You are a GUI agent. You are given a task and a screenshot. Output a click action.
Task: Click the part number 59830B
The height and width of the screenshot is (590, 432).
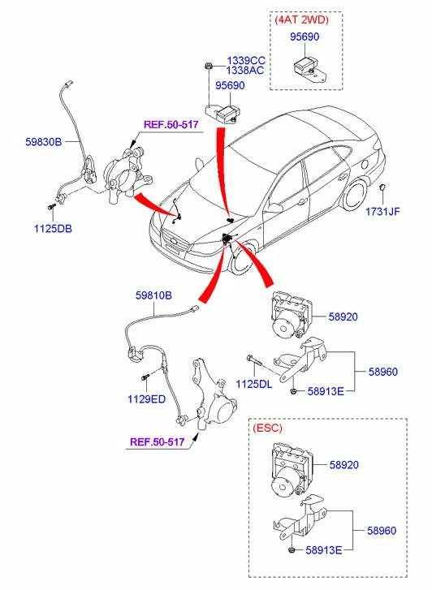pos(43,142)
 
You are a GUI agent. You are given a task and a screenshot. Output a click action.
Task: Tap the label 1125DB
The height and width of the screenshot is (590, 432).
pos(53,228)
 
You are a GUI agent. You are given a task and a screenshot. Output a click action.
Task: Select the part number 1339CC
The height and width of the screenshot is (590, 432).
pos(246,61)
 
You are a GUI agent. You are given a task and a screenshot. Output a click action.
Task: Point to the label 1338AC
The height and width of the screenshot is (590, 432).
pos(245,70)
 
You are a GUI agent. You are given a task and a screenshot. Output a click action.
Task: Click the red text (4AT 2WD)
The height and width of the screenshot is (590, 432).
pos(302,19)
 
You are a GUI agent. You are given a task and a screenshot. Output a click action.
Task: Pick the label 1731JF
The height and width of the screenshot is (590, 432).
pos(382,212)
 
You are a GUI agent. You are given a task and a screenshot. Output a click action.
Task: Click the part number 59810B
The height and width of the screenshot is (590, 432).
pos(153,295)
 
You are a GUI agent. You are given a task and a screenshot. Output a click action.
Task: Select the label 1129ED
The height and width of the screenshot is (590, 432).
pos(146,398)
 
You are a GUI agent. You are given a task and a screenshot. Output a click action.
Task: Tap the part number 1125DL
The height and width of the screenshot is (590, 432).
pos(254,384)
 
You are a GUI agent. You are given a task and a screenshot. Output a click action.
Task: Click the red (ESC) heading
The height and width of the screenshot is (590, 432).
pos(267,428)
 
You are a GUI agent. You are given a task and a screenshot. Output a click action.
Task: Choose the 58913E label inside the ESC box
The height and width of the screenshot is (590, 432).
pos(323,550)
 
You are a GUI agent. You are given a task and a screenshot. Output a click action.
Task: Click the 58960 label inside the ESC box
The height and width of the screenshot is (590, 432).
pos(382,531)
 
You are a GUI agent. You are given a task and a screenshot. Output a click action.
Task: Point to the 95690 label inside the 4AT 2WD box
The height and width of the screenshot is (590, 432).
pos(305,37)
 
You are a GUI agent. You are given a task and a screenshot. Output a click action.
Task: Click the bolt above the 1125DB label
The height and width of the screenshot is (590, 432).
pos(52,207)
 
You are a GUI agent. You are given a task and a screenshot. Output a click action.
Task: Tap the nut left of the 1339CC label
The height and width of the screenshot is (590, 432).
pos(208,67)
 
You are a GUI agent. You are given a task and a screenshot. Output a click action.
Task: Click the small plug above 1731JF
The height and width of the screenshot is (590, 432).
pos(382,187)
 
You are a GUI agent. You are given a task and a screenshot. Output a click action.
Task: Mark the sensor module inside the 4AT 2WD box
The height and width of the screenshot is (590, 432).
pos(308,71)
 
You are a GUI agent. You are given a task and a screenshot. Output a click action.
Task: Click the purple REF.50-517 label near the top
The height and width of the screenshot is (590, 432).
pos(171,124)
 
